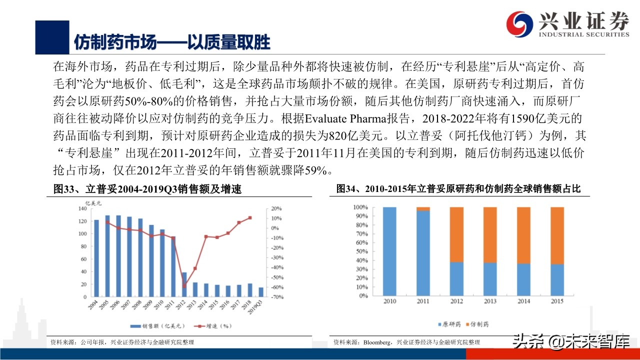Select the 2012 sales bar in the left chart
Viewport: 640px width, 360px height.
click(184, 284)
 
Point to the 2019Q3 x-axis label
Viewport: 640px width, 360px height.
click(260, 305)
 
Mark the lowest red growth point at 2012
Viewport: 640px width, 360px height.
click(184, 286)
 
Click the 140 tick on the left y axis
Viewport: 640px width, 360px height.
click(82, 208)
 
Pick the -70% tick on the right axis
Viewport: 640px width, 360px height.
click(276, 297)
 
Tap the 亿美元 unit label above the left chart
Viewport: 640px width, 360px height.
click(93, 203)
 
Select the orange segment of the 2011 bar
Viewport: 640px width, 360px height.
click(423, 209)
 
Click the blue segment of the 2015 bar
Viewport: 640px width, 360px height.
click(556, 279)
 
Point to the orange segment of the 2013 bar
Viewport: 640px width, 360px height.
click(490, 234)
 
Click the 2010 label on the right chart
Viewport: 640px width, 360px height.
click(389, 301)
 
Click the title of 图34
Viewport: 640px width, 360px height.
click(458, 189)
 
